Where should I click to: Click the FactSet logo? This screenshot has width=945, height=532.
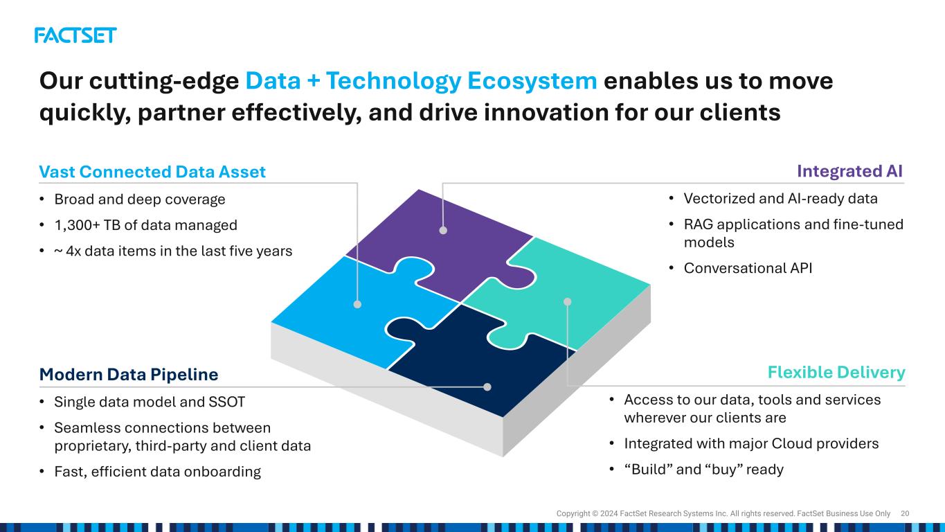coord(75,35)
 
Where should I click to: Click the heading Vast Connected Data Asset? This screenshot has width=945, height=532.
coord(152,172)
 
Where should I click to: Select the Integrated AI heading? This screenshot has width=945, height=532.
coord(849,171)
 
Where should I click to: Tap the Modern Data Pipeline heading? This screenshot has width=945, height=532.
coord(129,375)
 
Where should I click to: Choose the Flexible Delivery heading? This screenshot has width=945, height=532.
coord(836,373)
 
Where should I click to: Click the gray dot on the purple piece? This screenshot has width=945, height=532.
coord(443,231)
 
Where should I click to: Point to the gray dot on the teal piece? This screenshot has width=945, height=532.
coord(568,302)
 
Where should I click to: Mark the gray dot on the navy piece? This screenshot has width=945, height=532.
coord(487,387)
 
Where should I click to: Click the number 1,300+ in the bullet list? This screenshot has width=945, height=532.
coord(78,225)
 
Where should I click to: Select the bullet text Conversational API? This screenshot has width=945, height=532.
coord(748,268)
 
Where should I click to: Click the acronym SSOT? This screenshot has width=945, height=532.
coord(227,402)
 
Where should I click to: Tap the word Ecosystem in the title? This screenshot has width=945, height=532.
coord(532,80)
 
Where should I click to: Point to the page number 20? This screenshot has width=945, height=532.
coord(905,514)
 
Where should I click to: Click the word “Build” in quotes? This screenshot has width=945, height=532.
coord(648,470)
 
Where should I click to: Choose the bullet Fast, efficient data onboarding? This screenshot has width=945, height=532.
coord(157,472)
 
